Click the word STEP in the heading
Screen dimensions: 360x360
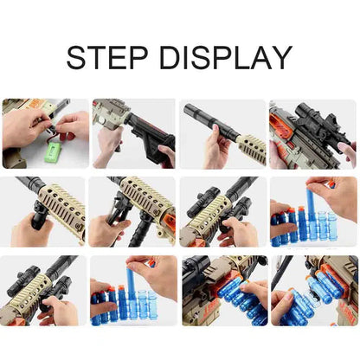tap(107, 57)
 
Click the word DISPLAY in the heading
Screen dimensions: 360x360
tap(226, 57)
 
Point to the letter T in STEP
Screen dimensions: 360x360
tap(97, 57)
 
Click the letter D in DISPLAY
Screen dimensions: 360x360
tap(170, 57)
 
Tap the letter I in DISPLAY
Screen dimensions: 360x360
tap(186, 57)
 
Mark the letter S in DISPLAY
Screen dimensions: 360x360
tap(202, 57)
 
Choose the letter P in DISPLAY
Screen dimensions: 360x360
tap(225, 57)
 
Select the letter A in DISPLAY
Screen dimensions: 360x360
tap(261, 57)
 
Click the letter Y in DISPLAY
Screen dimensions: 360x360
tap(281, 57)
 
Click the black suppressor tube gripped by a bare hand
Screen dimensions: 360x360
tap(209, 119)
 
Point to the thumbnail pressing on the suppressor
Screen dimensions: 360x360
tap(215, 127)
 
